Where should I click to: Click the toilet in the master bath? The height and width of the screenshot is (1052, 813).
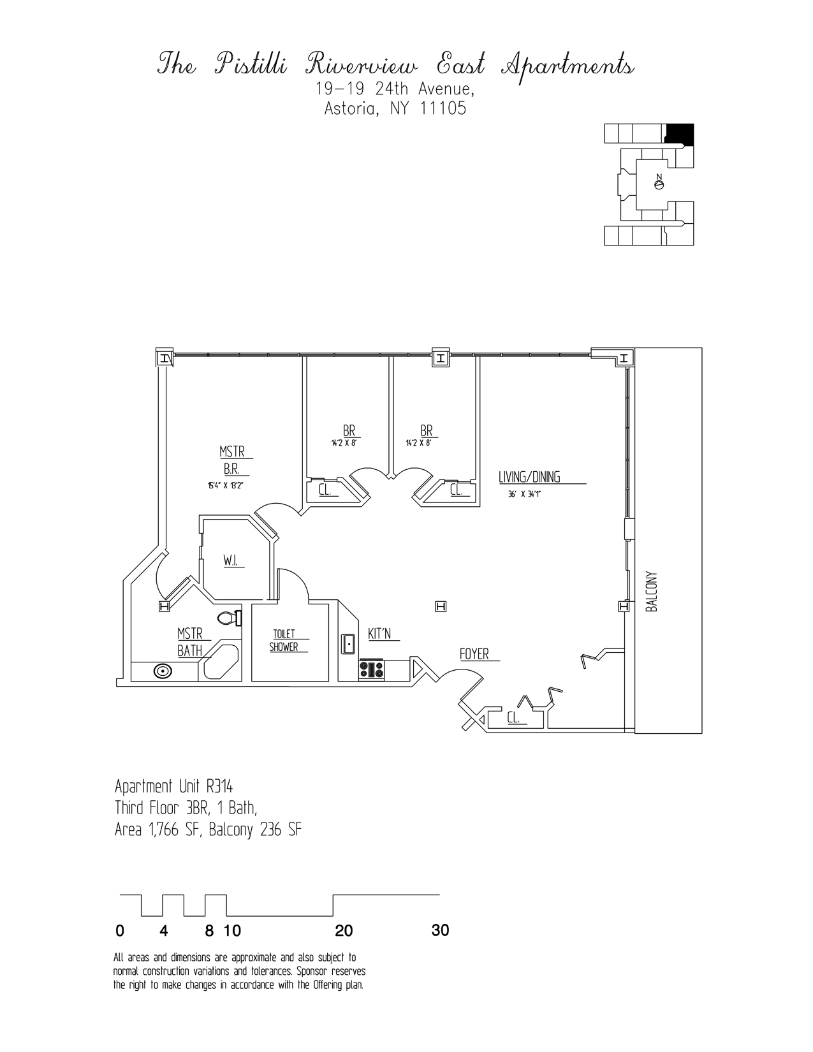pos(228,617)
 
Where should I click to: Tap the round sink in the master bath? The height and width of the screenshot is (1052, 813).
pos(162,671)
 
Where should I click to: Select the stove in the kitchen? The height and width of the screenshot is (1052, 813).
pos(371,669)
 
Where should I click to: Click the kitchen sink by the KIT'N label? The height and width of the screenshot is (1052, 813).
pos(348,643)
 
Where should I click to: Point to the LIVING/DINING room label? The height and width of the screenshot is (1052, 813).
pos(529,477)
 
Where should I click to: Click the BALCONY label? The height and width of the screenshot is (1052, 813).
pos(651,591)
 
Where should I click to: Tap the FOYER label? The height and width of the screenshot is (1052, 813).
pos(474,654)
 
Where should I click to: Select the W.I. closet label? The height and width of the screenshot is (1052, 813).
pos(230,561)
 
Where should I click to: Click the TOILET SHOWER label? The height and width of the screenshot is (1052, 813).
pos(284,640)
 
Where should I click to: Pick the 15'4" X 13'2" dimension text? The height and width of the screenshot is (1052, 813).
pos(225,485)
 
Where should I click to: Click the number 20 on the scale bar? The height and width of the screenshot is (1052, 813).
pos(343,931)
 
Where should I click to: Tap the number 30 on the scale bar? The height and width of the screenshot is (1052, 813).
pos(440,930)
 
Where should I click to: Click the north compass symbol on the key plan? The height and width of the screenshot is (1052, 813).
pos(659,184)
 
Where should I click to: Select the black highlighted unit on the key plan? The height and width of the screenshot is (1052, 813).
pos(680,133)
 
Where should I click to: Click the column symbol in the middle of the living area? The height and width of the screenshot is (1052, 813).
pos(439,606)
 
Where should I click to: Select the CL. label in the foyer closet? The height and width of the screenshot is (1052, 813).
pos(513,718)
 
